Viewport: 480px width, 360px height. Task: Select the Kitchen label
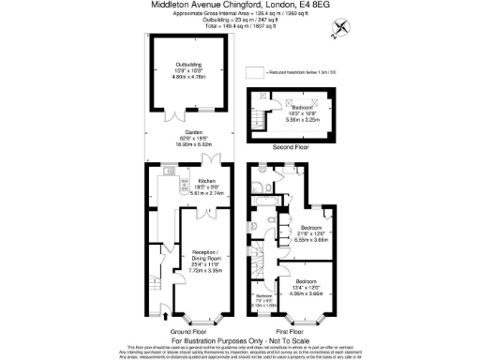click(x=205, y=180)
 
